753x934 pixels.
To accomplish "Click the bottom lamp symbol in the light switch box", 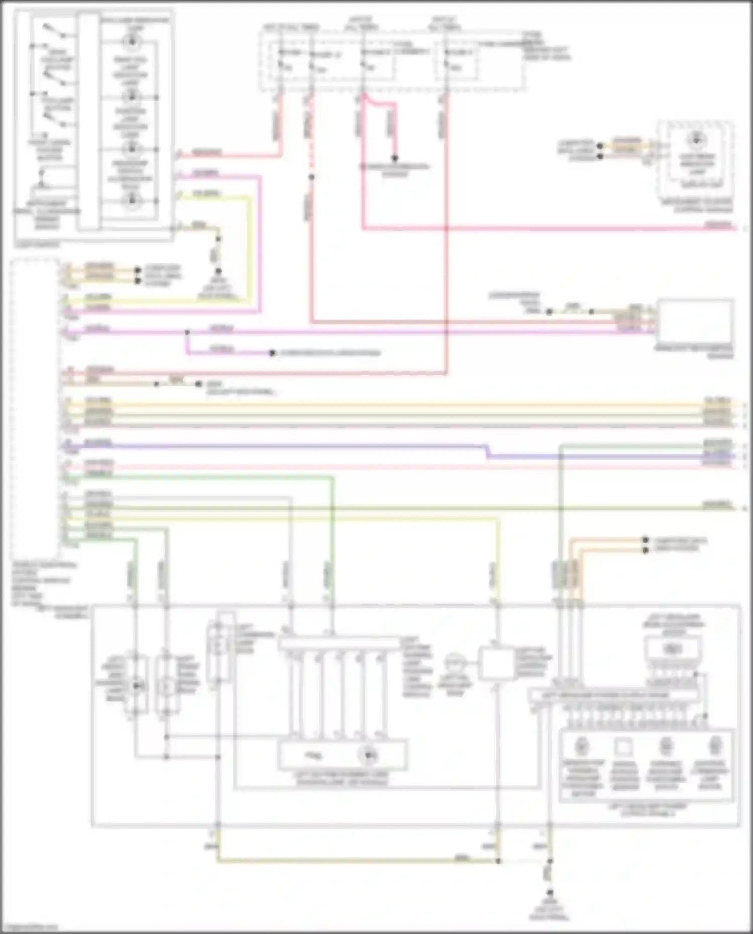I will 132,201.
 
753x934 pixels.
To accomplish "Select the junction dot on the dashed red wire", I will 311,177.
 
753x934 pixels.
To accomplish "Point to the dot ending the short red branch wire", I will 395,157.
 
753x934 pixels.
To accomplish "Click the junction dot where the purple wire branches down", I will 187,332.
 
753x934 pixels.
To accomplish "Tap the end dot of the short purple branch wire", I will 272,353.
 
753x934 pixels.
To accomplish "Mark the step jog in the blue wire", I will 487,451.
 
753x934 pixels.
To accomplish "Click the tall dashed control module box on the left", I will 35,407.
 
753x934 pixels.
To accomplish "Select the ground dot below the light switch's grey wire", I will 219,271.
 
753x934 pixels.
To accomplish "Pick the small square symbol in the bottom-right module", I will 623,747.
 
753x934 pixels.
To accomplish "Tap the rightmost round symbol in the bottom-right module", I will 714,747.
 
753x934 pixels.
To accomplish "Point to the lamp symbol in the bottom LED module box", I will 369,754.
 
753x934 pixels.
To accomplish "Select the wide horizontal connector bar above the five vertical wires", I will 340,644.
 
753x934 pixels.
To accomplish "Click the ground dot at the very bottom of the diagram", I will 550,893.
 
